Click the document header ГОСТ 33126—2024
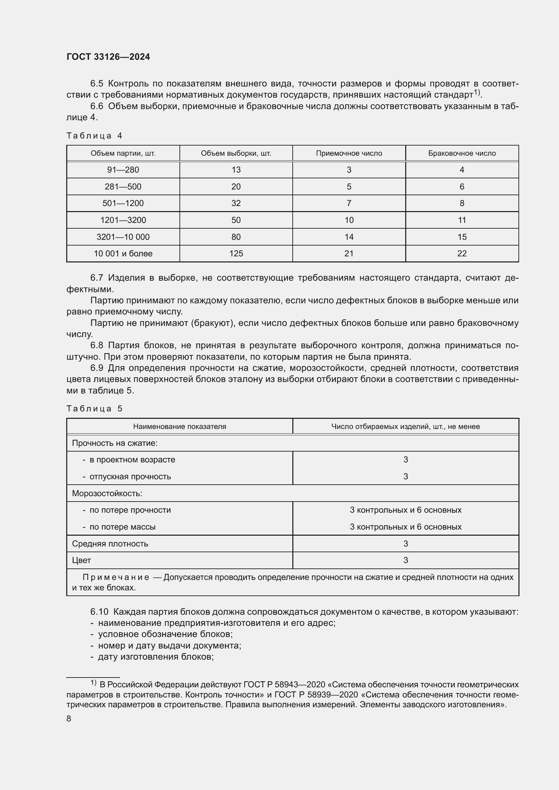[108, 57]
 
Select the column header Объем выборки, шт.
[236, 153]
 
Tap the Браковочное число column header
[462, 153]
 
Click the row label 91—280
[123, 170]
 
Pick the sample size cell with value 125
[236, 254]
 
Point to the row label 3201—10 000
[123, 237]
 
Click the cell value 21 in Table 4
[349, 254]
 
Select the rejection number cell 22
[462, 254]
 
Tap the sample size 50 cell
[236, 220]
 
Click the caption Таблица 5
[94, 408]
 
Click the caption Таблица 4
[94, 135]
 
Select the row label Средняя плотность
[110, 544]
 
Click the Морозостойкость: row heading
[107, 493]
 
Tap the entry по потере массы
[122, 527]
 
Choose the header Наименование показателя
[179, 426]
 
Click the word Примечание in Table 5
[116, 577]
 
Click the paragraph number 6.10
[99, 611]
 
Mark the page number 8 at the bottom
[69, 718]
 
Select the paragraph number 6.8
[97, 345]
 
